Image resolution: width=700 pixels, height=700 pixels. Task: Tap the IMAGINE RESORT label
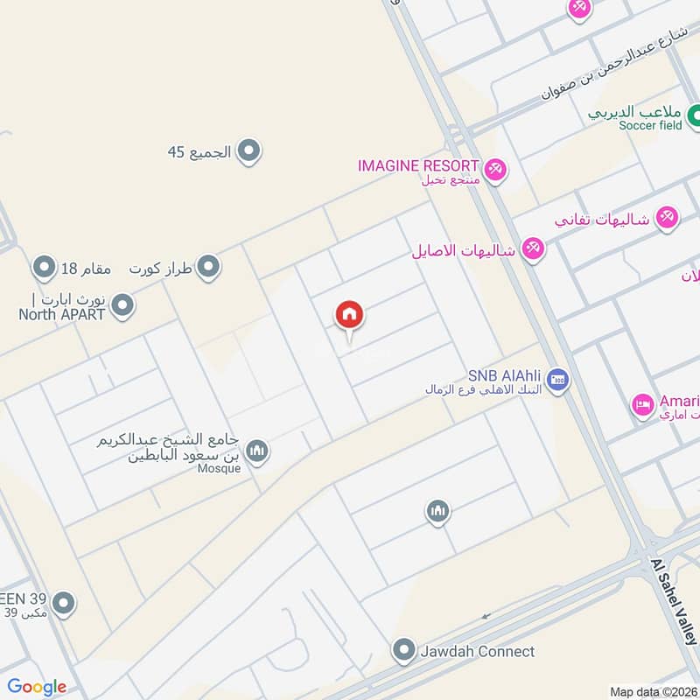pos(418,165)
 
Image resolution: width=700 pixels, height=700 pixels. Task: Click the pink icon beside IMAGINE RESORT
pos(495,169)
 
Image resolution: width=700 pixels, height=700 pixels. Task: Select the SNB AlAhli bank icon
pos(558,379)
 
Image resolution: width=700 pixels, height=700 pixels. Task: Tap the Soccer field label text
pos(649,126)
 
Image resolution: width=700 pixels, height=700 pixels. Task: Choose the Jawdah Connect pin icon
pos(403,651)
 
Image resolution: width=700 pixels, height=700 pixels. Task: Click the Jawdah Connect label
pos(477,652)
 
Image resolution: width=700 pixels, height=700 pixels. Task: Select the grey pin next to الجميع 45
pos(249,151)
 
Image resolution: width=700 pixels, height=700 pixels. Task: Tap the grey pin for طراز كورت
pos(208,267)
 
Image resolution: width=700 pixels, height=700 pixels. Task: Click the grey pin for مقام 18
pos(44,266)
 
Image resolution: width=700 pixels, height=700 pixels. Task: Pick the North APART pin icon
pos(123,305)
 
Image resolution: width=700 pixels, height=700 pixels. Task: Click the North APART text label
pos(61,314)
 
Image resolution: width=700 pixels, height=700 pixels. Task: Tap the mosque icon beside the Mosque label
pos(255,451)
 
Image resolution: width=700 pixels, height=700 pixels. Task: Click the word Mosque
pos(219,468)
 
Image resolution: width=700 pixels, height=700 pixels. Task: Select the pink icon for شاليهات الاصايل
pos(532,250)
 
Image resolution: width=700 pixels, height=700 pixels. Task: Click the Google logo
pos(37,687)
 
